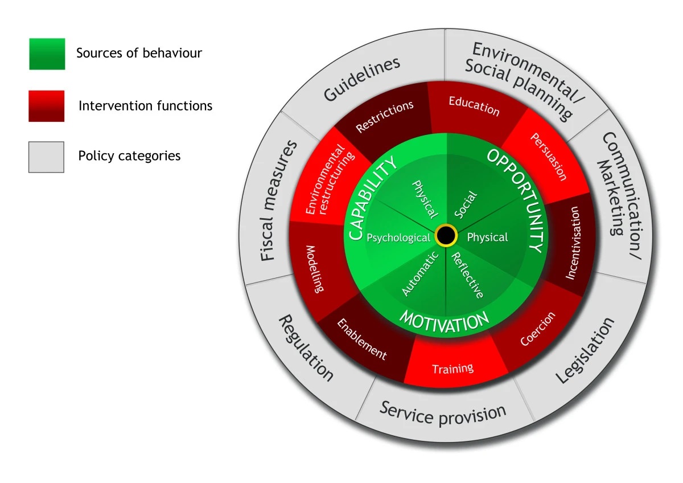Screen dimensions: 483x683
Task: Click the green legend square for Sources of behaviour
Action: coord(47,54)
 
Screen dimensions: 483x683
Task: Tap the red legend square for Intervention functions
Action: coord(47,106)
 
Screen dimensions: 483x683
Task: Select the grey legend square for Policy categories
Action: coord(47,157)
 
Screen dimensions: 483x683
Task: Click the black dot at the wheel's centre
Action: coord(446,236)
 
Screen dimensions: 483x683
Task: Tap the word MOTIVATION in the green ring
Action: coord(444,321)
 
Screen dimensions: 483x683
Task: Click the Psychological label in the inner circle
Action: coord(398,238)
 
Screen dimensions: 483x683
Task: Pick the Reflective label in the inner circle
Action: coord(467,275)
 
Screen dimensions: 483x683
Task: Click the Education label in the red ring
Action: coord(474,106)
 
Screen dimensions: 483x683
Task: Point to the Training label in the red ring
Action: coord(452,369)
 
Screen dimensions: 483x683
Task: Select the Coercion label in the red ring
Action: coord(537,329)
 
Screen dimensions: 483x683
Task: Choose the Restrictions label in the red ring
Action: coord(385,117)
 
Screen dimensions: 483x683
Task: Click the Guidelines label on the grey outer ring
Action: coord(362,79)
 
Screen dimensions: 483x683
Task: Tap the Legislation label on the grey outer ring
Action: coord(585,350)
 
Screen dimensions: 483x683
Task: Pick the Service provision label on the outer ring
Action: coord(443,412)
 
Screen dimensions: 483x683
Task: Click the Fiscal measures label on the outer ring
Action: coord(279,200)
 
